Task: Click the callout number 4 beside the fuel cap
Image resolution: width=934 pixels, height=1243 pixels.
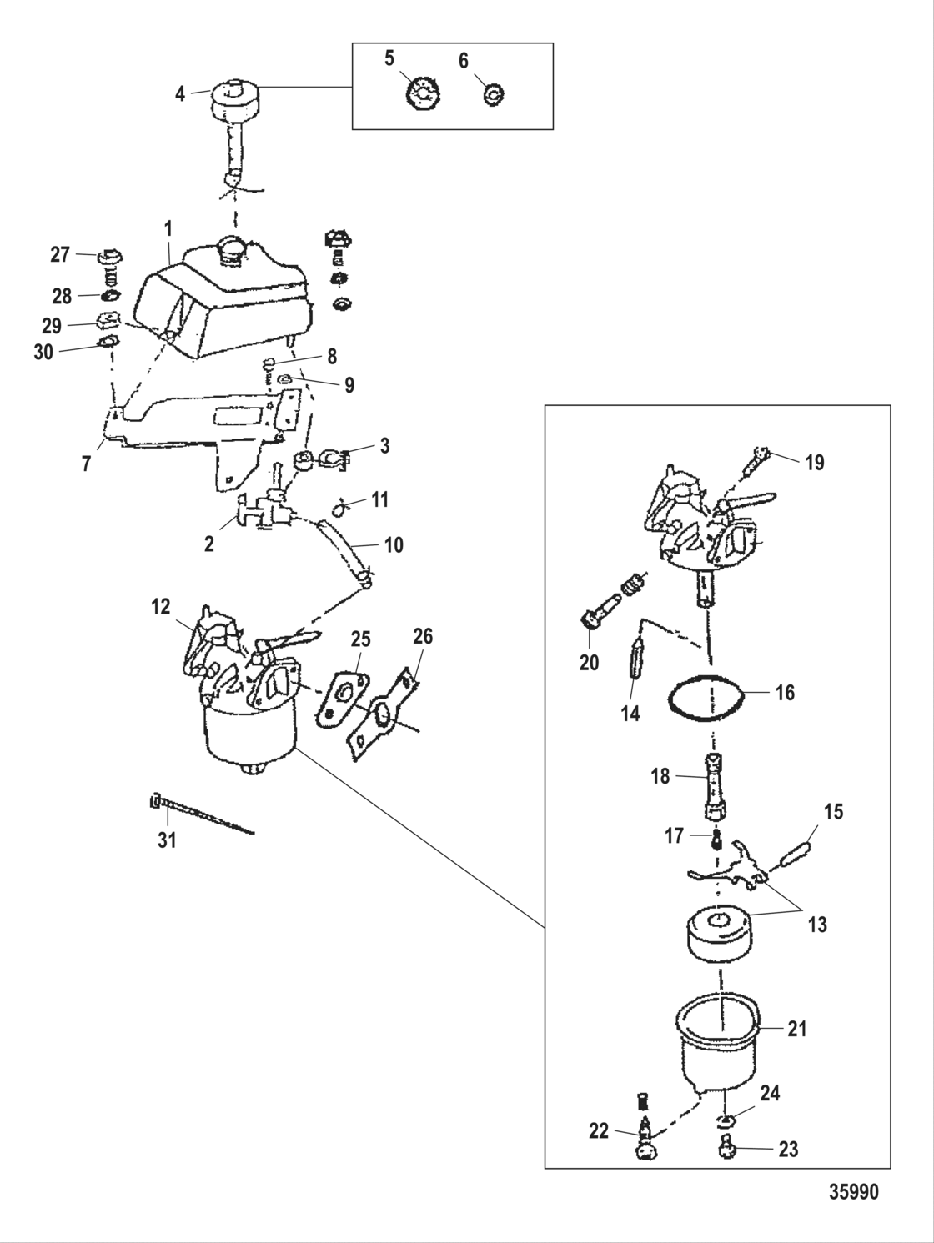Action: point(180,93)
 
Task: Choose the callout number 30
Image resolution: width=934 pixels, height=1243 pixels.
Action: point(43,353)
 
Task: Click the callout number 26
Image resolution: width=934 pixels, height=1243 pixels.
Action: point(422,637)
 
